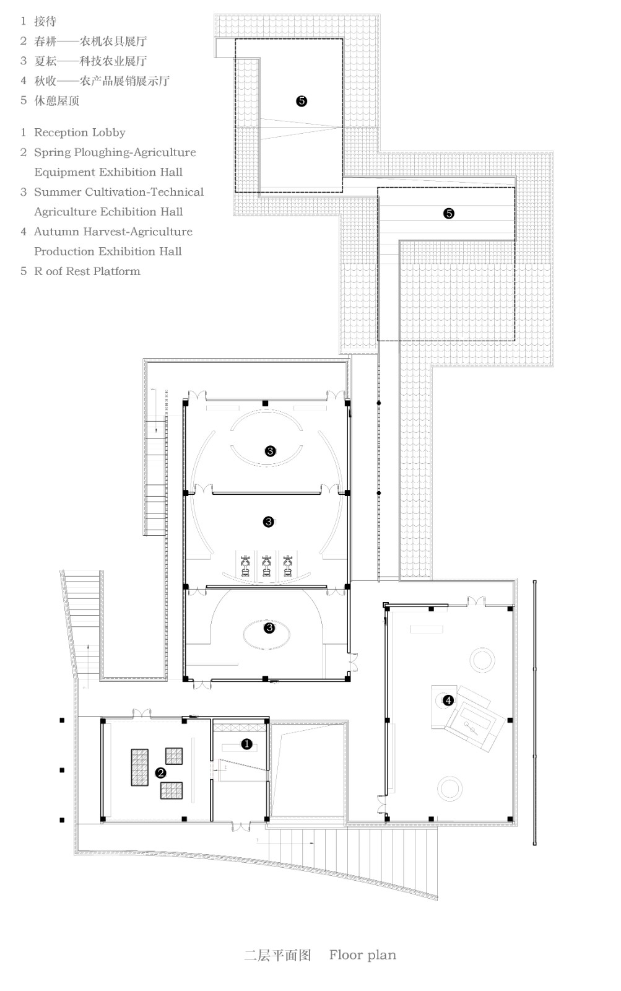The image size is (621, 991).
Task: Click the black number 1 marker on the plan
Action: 246,744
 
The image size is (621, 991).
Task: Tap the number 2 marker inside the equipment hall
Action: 160,772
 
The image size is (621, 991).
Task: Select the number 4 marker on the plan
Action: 448,701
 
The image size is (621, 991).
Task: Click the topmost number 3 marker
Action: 269,451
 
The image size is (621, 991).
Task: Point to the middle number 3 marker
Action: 268,522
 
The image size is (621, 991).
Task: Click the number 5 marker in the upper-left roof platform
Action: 302,101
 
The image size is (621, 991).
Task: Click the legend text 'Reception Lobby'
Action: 79,133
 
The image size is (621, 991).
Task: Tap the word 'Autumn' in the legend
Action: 57,232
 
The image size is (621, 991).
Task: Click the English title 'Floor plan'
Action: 362,954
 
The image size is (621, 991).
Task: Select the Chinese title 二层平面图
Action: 277,954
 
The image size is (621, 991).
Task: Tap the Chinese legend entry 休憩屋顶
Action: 56,100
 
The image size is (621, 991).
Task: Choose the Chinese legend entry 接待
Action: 45,22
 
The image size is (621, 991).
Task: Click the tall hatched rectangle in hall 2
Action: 140,767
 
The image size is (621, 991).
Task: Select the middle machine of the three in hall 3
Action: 267,565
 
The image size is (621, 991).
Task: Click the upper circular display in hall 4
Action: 482,660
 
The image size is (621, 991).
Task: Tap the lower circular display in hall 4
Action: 449,788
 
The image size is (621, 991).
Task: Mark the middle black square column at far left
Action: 62,770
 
